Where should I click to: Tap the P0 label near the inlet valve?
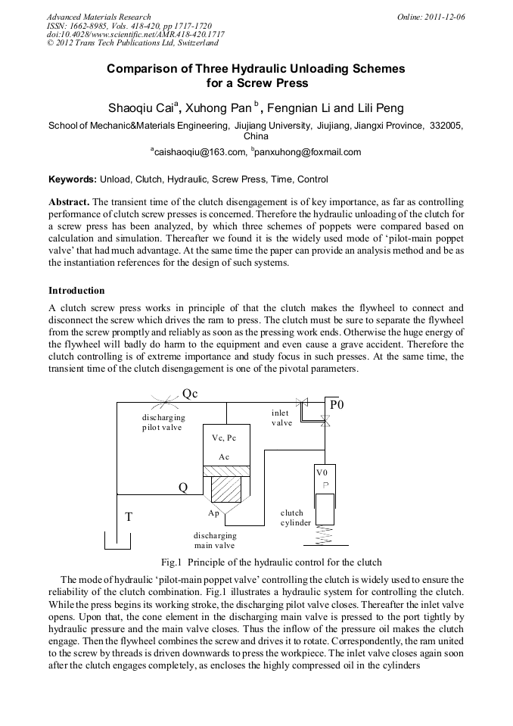(x=337, y=405)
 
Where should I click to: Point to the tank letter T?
(x=129, y=517)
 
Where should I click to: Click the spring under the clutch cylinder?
(x=325, y=535)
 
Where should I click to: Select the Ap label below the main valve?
(x=214, y=513)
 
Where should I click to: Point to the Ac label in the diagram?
(x=224, y=457)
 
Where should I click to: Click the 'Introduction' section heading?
(x=76, y=291)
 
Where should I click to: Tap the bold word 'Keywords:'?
(x=73, y=179)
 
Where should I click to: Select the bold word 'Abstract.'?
(x=69, y=203)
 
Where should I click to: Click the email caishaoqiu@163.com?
(x=200, y=152)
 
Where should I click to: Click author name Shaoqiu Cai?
(x=142, y=107)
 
